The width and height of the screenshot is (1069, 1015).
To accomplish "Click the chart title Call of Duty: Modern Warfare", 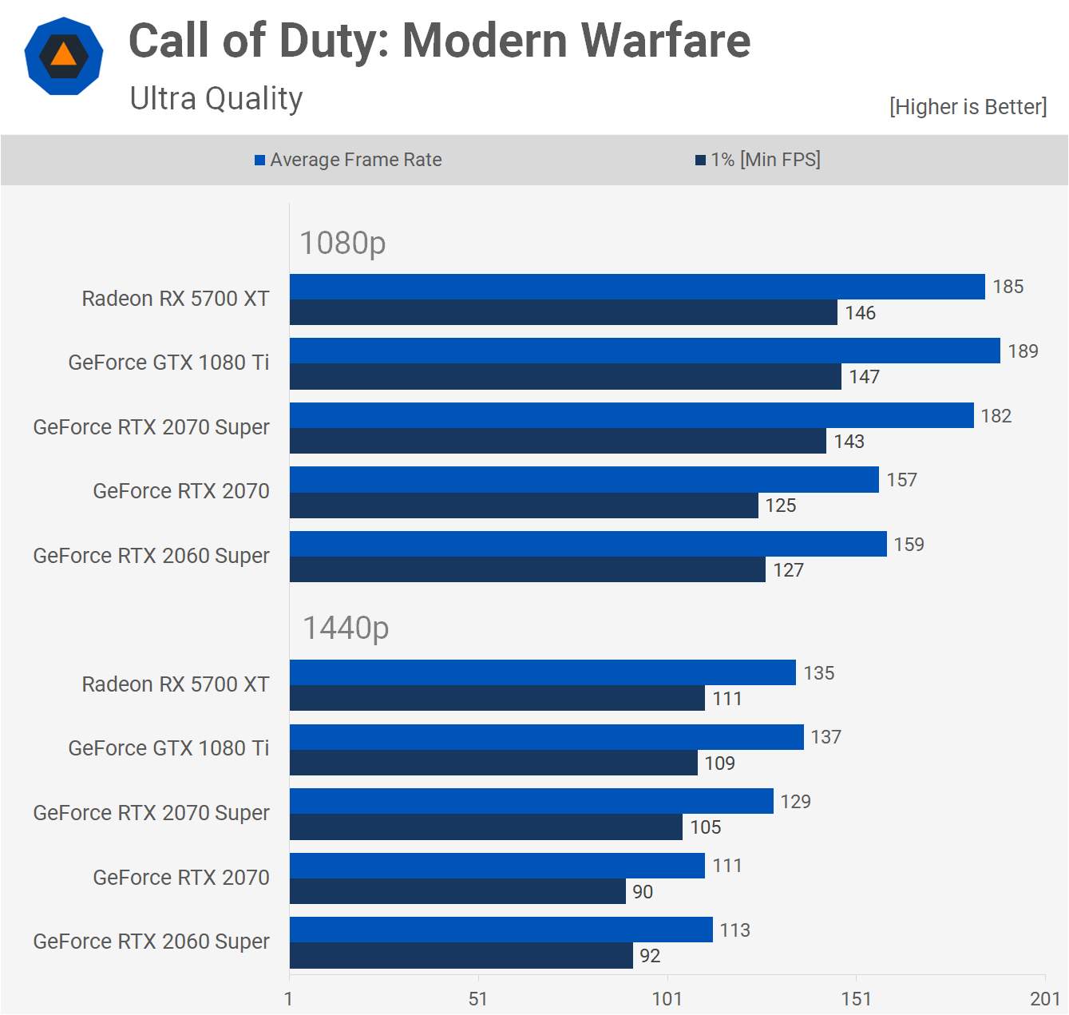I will pyautogui.click(x=439, y=41).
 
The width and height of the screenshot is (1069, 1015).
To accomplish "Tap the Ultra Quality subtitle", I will pyautogui.click(x=216, y=99).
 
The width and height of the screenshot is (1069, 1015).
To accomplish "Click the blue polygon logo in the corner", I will pyautogui.click(x=64, y=56).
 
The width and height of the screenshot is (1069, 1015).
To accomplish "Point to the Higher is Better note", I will pyautogui.click(x=968, y=107).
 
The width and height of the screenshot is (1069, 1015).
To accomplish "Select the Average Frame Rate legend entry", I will pyautogui.click(x=348, y=160).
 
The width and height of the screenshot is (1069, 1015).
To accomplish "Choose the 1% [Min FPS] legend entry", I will pyautogui.click(x=758, y=160).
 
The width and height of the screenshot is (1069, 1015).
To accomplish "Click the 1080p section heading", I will pyautogui.click(x=342, y=243).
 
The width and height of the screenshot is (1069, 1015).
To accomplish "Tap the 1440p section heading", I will pyautogui.click(x=346, y=628).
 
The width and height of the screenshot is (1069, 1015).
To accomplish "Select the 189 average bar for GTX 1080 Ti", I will pyautogui.click(x=644, y=351).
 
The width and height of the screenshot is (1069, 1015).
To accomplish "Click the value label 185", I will pyautogui.click(x=1008, y=287).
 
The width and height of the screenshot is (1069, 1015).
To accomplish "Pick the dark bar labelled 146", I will pyautogui.click(x=563, y=312).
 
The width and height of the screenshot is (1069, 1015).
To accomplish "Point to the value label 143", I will pyautogui.click(x=849, y=442).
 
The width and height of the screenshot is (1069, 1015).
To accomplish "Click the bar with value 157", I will pyautogui.click(x=584, y=480).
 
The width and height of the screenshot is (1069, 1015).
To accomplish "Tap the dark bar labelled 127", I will pyautogui.click(x=527, y=569).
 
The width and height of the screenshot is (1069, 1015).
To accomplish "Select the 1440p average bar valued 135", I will pyautogui.click(x=542, y=672).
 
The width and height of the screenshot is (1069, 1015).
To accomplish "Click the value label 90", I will pyautogui.click(x=643, y=892).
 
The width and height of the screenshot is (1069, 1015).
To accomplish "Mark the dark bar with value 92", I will pyautogui.click(x=461, y=956).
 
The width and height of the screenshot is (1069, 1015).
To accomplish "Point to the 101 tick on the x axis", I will pyautogui.click(x=667, y=999).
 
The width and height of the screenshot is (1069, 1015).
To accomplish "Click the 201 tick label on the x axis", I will pyautogui.click(x=1044, y=999).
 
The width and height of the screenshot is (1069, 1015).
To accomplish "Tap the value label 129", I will pyautogui.click(x=795, y=802).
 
